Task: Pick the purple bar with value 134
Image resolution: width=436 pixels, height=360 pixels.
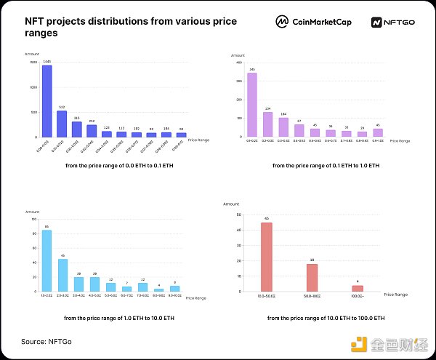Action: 267,124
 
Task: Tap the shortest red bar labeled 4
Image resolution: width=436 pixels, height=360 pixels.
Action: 358,289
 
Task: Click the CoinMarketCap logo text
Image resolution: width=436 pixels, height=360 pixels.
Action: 323,23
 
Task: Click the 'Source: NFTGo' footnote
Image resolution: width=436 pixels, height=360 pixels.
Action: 47,341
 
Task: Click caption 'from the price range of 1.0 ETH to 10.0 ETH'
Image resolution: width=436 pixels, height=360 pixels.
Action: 113,318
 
